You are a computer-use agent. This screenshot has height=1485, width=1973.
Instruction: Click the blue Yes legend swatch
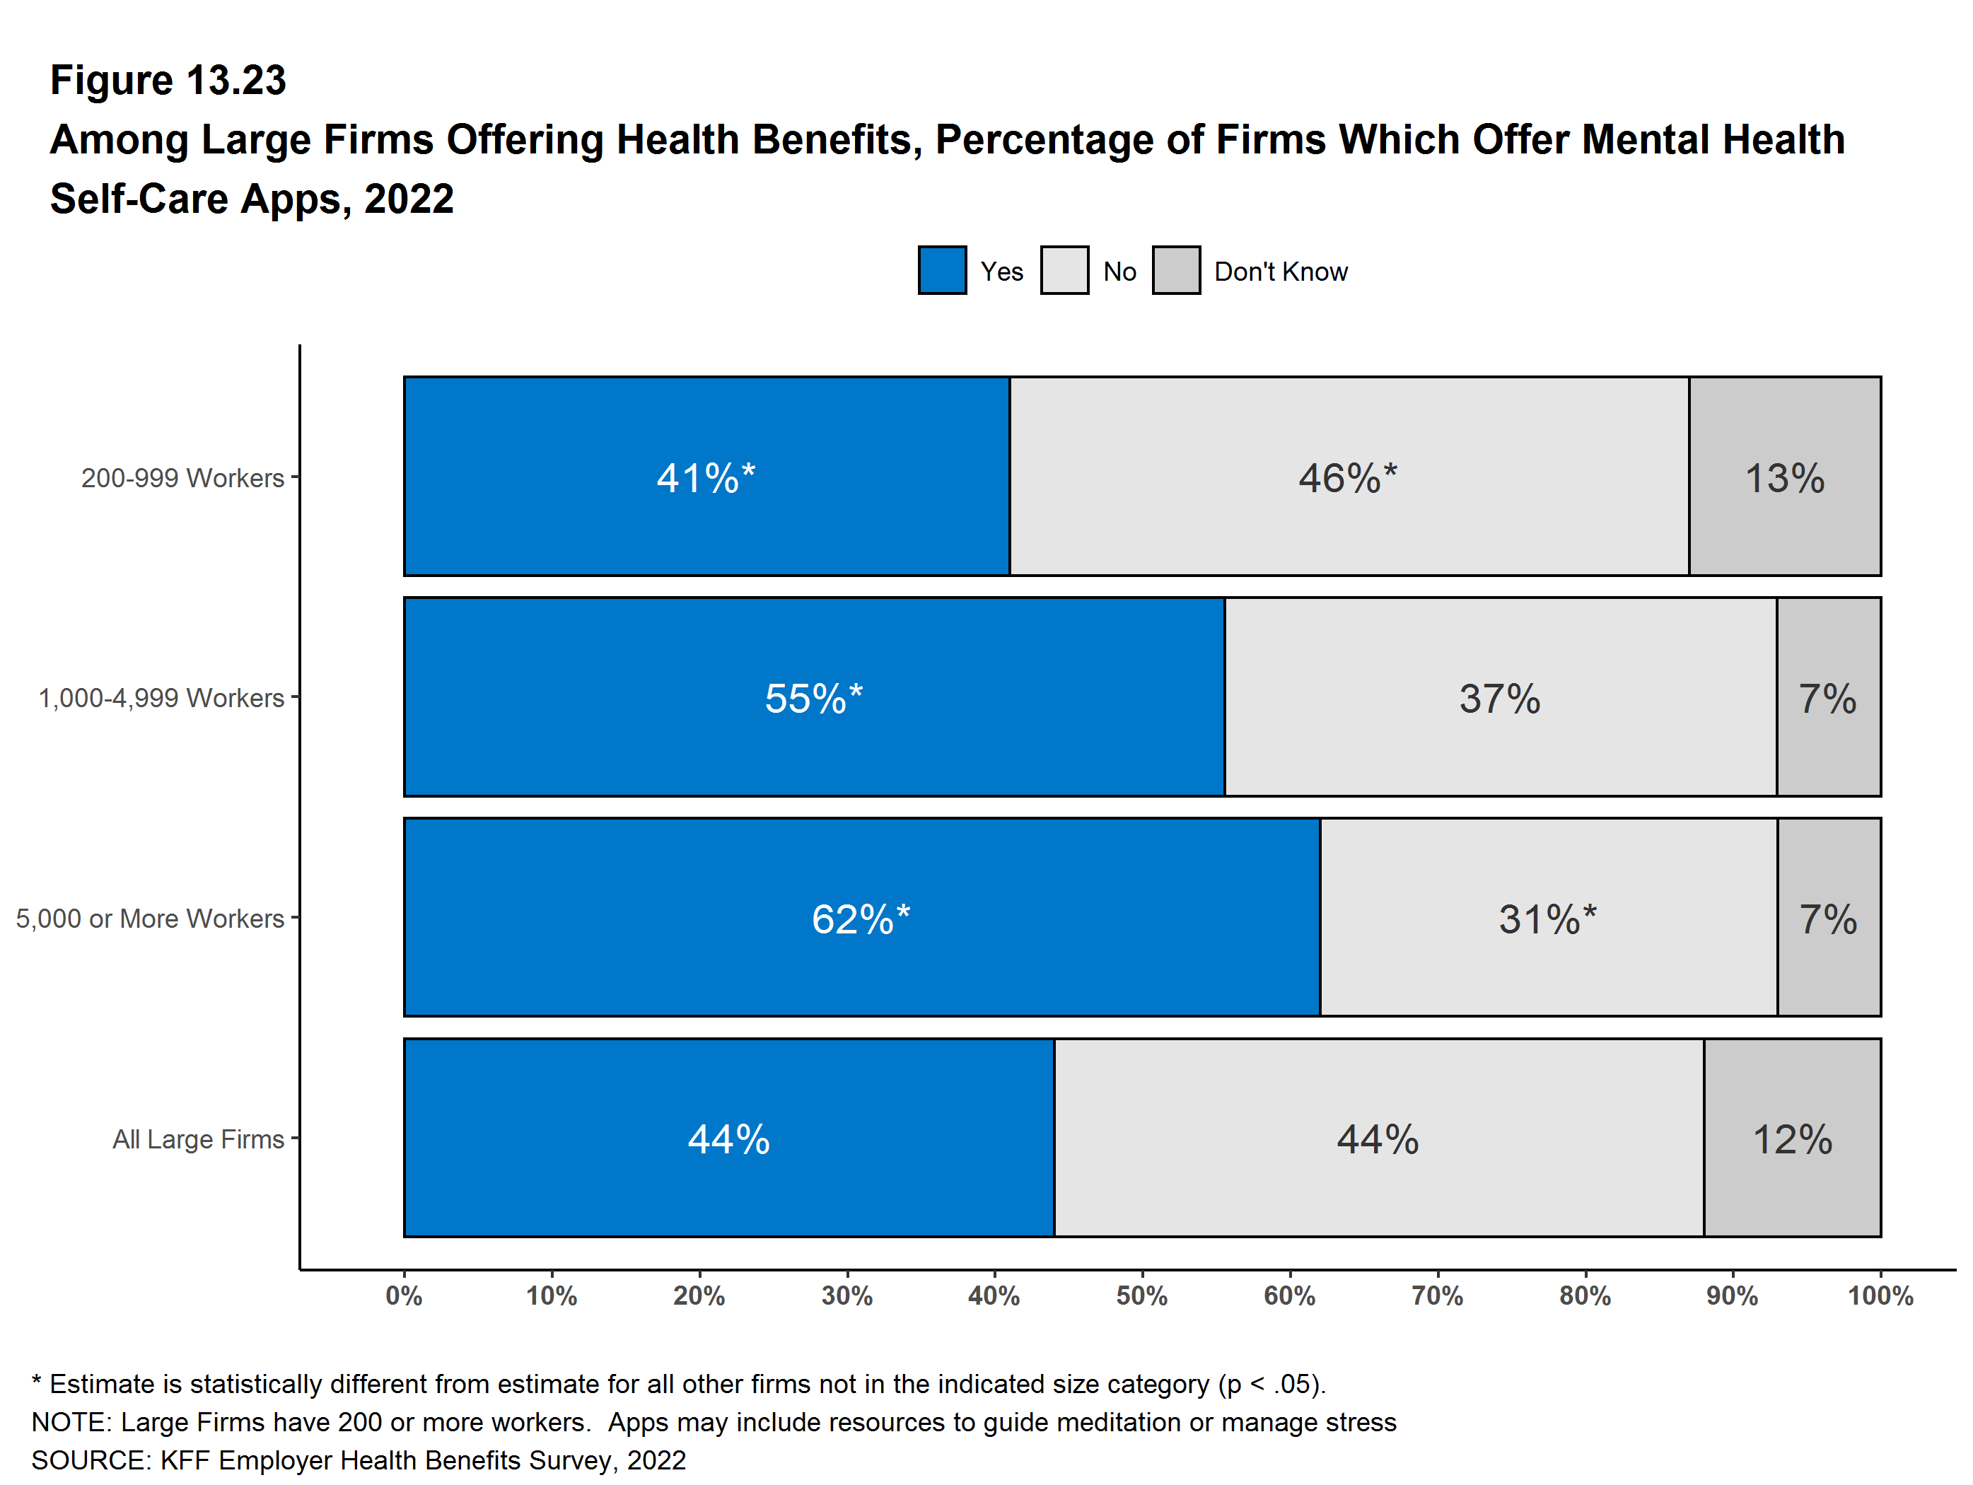point(941,270)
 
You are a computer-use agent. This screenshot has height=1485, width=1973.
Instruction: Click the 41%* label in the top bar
point(706,478)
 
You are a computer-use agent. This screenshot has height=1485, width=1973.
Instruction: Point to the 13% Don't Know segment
point(1784,478)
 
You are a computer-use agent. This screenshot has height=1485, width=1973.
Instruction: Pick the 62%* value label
point(861,919)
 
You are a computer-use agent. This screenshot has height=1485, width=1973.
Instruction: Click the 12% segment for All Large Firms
point(1792,1139)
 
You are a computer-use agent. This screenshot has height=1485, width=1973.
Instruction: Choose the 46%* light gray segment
point(1348,478)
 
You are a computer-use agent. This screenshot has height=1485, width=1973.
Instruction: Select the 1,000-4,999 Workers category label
point(161,697)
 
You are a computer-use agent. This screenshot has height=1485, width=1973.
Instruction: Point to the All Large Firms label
point(198,1139)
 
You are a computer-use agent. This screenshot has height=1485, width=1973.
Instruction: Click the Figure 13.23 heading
point(168,81)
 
